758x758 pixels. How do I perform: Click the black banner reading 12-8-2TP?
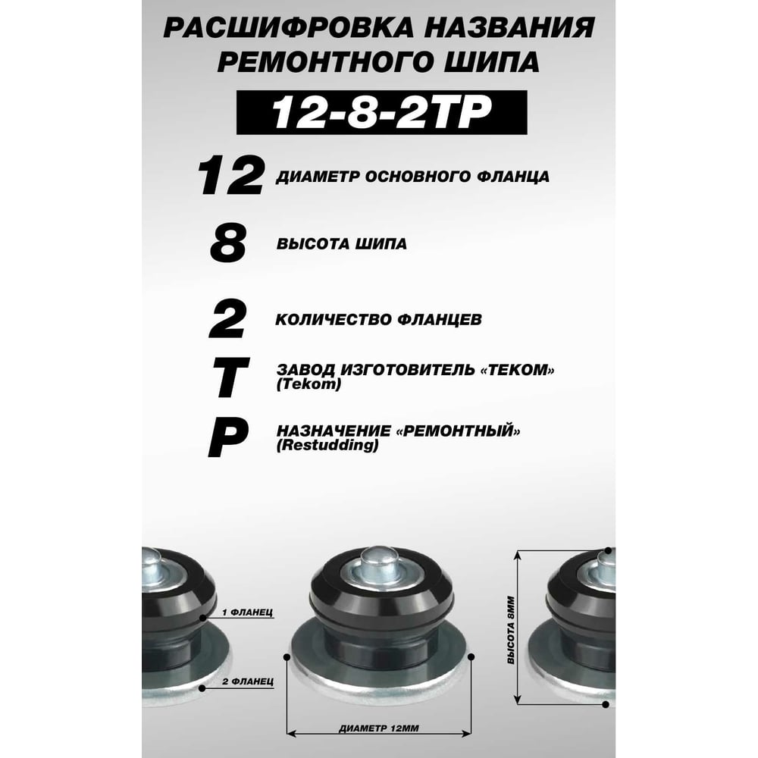point(381,112)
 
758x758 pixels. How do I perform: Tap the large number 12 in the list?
point(231,176)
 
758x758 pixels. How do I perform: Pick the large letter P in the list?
point(228,438)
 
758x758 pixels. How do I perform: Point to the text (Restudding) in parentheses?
point(327,445)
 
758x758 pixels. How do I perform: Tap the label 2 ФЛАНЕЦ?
point(248,681)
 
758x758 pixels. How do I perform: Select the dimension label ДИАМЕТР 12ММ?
point(379,728)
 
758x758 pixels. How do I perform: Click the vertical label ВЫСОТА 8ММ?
point(511,630)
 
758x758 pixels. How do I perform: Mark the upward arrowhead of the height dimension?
point(518,555)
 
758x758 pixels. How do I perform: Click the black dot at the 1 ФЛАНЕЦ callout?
point(203,618)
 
